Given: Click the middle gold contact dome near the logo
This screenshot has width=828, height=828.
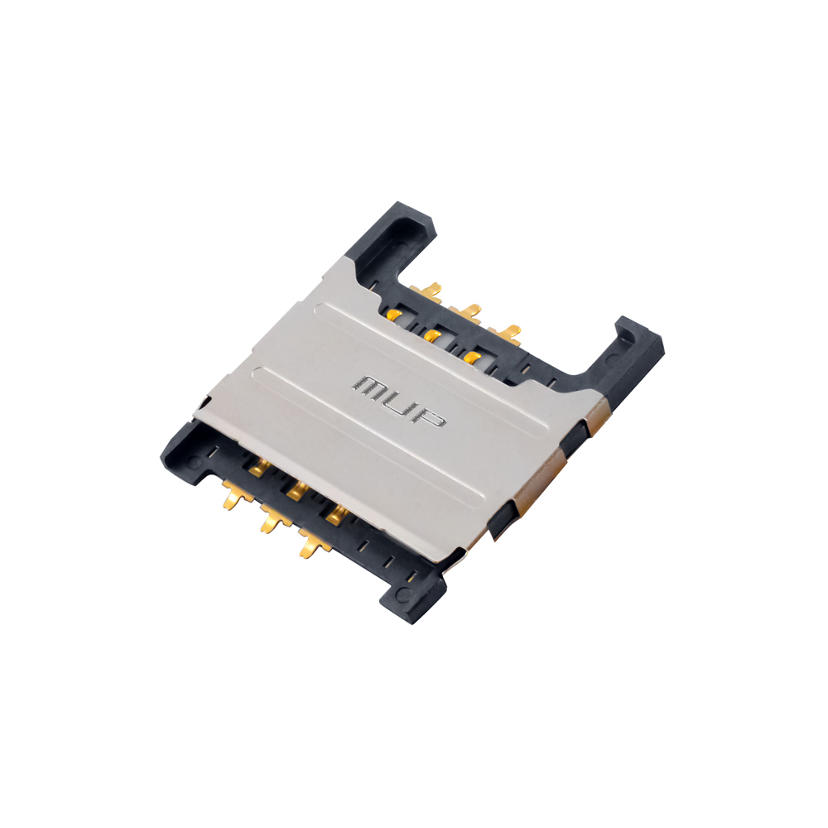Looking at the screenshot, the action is (433, 335).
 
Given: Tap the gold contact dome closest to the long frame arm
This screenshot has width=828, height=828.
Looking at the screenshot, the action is (394, 315).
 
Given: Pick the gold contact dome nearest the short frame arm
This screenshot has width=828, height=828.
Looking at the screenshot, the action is (472, 356).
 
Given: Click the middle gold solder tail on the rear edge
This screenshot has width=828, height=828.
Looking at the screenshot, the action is (465, 312).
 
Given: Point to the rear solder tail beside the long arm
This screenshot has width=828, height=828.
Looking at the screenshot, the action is (426, 291).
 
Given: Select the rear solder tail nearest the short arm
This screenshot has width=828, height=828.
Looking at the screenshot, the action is (505, 334).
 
